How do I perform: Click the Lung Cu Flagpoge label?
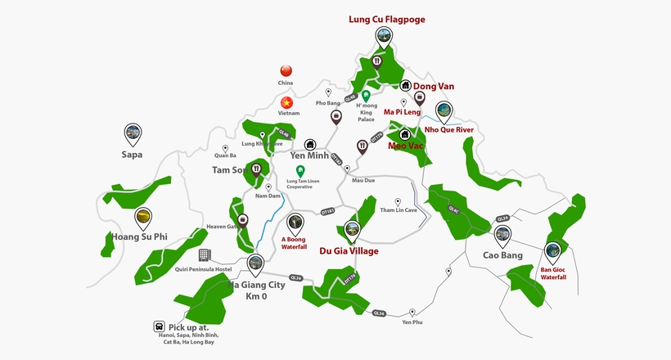click(x=387, y=18)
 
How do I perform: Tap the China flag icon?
click(x=286, y=70)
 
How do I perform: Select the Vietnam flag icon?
click(x=286, y=103)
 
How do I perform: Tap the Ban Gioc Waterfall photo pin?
click(x=553, y=252)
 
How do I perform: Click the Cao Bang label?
click(x=502, y=254)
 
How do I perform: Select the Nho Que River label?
click(x=449, y=129)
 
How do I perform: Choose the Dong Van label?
click(x=434, y=86)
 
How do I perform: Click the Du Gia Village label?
click(x=349, y=251)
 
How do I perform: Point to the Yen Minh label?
click(x=309, y=155)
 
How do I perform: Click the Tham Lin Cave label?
click(x=399, y=210)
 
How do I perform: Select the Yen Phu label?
click(x=413, y=322)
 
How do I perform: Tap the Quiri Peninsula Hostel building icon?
click(x=205, y=256)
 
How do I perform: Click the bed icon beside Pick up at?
click(x=158, y=326)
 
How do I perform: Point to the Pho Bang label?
click(x=327, y=103)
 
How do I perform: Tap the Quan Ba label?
click(x=225, y=155)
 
